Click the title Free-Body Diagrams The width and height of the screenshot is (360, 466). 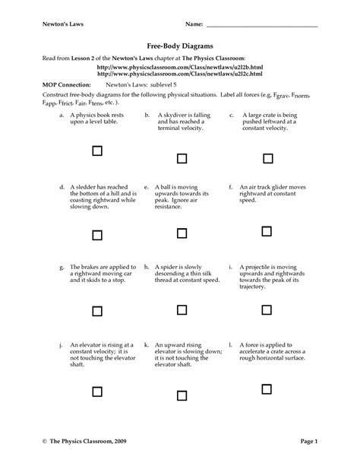(179, 46)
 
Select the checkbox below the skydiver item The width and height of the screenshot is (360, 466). (182, 158)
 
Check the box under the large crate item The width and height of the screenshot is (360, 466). (267, 158)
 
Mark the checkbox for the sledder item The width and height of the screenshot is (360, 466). (96, 234)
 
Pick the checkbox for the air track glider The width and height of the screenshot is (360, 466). (267, 230)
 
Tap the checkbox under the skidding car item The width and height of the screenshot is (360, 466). (96, 310)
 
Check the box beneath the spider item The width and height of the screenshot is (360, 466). (182, 310)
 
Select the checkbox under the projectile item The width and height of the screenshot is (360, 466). (267, 310)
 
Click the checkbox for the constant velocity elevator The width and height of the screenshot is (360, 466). (96, 391)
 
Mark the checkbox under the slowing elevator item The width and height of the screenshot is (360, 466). (182, 391)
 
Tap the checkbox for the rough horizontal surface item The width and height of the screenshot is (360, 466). (267, 391)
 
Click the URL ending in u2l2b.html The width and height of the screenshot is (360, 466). (179, 68)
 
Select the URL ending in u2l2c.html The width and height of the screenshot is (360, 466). (179, 74)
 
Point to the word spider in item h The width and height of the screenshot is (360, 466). (171, 268)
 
